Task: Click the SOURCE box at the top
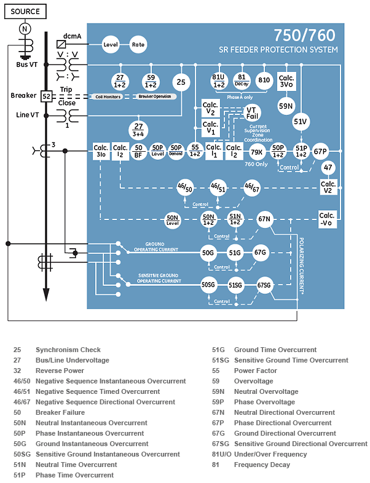[25, 11]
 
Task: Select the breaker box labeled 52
[45, 96]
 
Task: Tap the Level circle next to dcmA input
[111, 44]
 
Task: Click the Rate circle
[138, 44]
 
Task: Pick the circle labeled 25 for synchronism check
[181, 82]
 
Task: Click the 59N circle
[286, 106]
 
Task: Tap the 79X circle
[257, 151]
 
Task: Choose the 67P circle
[320, 151]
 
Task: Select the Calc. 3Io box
[101, 151]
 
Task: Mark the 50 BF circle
[139, 151]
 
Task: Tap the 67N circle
[264, 219]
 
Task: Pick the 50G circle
[208, 252]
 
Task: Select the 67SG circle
[264, 285]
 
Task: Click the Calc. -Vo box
[327, 219]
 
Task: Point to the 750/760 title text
[305, 35]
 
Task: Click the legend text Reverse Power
[60, 371]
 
